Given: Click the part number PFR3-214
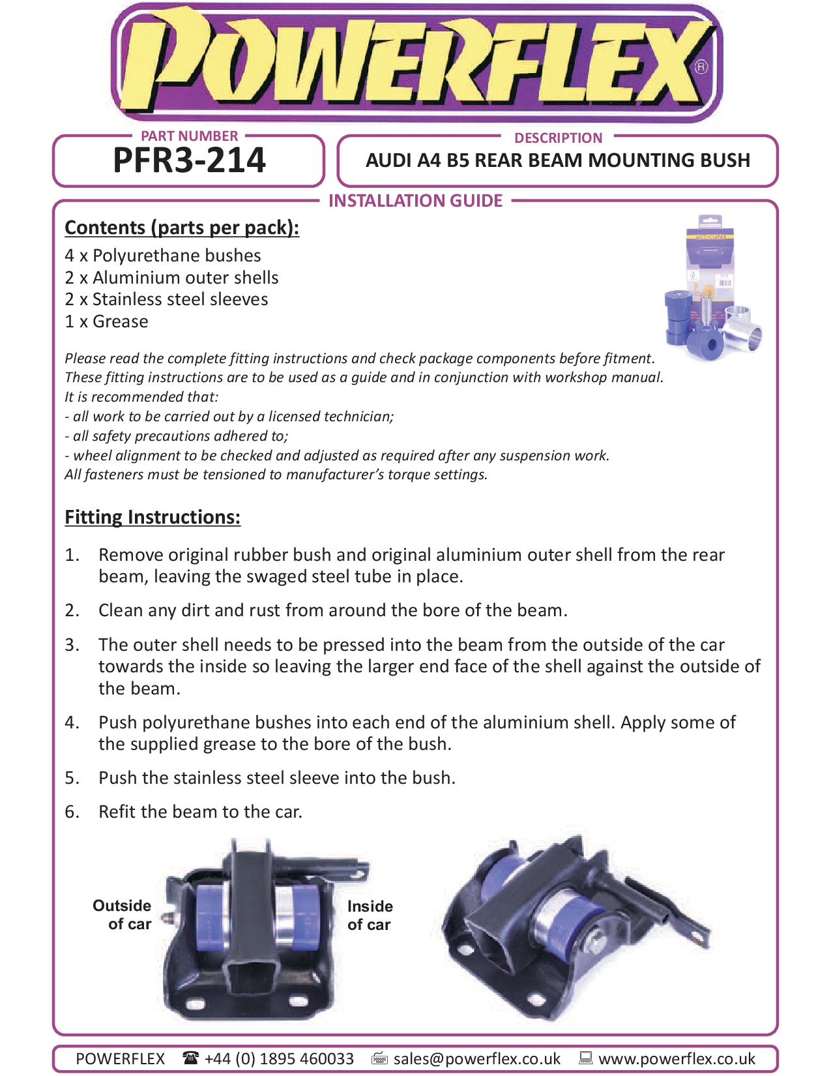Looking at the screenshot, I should (x=189, y=160).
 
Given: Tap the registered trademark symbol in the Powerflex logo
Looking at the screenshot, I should (x=701, y=67).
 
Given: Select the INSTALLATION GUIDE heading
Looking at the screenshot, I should (x=415, y=201).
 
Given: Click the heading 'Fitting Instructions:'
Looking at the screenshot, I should (x=153, y=517).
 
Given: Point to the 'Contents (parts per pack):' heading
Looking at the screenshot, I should (x=182, y=228).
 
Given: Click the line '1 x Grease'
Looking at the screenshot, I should (x=106, y=321).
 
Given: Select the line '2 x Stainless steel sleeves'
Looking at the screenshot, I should (x=166, y=299).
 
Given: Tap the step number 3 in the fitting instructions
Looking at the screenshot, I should (x=72, y=645).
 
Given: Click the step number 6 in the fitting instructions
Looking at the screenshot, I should (x=72, y=812).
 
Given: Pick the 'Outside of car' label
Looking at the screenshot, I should (x=123, y=915).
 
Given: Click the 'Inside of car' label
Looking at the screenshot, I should (x=370, y=916).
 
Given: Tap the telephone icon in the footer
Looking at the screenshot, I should (x=190, y=1058).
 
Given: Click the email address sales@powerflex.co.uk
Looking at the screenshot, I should (x=476, y=1058).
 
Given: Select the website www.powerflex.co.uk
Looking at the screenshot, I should (x=677, y=1058).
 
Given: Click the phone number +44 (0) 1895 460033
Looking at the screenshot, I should (x=279, y=1058).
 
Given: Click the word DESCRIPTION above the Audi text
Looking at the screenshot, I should (x=558, y=138).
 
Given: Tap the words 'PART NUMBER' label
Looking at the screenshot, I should (x=189, y=136).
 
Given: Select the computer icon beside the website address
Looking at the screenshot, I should (x=585, y=1058).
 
